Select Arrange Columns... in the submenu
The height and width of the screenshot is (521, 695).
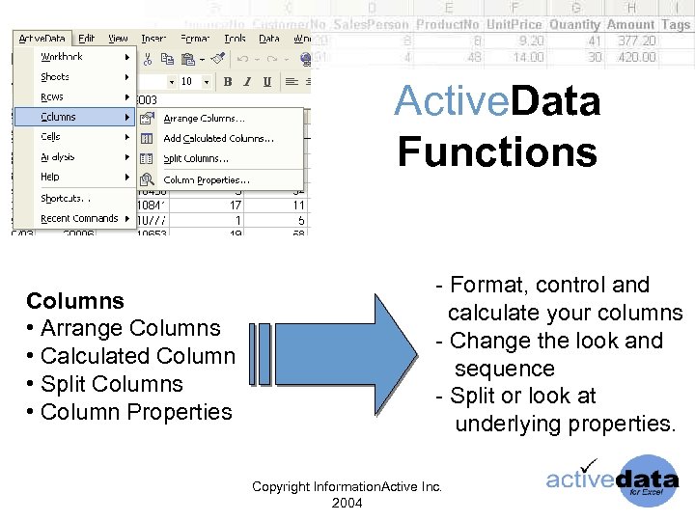[203, 119]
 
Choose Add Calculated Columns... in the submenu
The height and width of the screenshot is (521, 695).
[218, 139]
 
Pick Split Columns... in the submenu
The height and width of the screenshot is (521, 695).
[196, 159]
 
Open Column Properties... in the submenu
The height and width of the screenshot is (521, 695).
[207, 180]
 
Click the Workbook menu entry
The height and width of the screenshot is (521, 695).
[62, 57]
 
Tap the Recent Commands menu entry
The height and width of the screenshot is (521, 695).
[78, 219]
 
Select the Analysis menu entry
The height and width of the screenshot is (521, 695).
[57, 157]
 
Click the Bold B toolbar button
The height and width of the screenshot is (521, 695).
[228, 82]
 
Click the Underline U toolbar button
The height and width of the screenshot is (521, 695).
[266, 82]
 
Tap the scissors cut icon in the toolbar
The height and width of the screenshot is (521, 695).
[149, 59]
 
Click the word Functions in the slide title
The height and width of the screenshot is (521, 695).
[497, 152]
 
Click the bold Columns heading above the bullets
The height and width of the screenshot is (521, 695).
[75, 300]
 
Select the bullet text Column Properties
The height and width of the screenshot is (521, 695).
[136, 412]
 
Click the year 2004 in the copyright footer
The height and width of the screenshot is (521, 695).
[347, 503]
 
